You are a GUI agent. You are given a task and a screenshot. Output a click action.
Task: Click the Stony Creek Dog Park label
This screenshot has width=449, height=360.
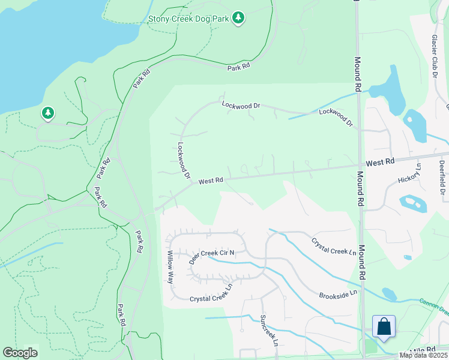point(188,18)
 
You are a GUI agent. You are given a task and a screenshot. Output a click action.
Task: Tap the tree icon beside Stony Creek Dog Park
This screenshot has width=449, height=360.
point(239,17)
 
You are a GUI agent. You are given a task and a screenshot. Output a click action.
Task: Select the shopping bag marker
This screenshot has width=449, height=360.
point(384,327)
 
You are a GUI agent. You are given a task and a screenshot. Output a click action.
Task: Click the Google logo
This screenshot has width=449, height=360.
point(20,353)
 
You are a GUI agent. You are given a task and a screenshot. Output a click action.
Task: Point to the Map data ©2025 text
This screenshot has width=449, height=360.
point(424,355)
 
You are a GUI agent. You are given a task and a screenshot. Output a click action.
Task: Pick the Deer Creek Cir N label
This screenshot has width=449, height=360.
point(211,257)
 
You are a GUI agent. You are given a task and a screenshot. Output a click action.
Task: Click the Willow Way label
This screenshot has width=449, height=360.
point(170,268)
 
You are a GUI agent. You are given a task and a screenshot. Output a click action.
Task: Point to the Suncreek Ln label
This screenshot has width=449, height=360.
point(268,330)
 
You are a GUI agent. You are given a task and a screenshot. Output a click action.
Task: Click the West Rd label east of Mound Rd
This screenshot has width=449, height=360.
point(381,162)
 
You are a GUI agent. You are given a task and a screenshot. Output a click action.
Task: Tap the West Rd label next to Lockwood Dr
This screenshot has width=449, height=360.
point(211,180)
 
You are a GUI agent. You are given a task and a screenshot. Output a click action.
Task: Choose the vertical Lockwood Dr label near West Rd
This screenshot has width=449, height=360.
point(184,160)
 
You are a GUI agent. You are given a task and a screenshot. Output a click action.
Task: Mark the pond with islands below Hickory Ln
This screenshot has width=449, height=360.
point(412,203)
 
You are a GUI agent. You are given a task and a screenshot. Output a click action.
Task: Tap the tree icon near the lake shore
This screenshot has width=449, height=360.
point(47,113)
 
